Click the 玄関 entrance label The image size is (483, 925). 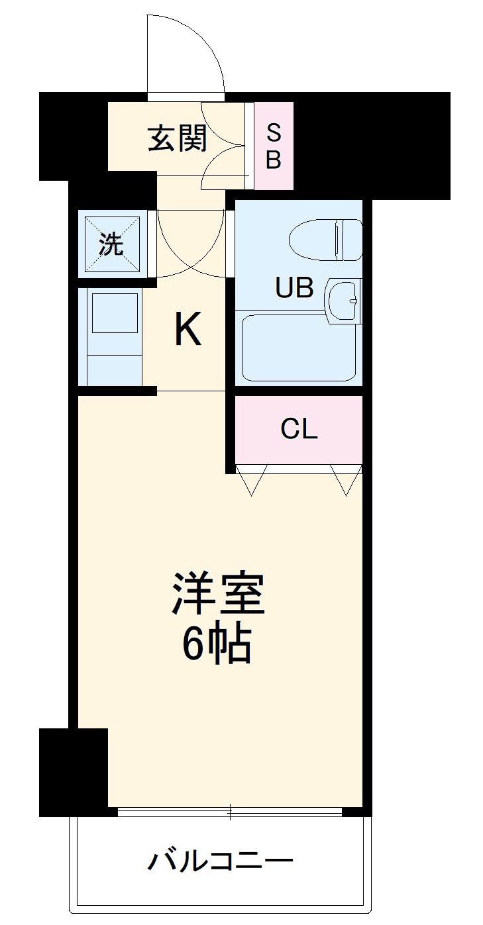coord(177,138)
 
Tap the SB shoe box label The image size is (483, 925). coord(274,146)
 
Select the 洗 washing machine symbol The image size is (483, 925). coord(111,244)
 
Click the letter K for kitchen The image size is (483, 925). coord(188,330)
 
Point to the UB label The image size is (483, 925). coord(294,288)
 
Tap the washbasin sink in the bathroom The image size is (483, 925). coord(343,301)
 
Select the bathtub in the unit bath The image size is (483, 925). coord(299,348)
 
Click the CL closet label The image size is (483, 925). coord(299,430)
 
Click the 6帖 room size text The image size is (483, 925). coord(217,644)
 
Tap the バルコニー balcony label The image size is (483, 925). coord(219,861)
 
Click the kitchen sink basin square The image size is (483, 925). coord(115,313)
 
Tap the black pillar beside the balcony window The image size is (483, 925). coord(74,771)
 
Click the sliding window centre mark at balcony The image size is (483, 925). coord(230,810)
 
